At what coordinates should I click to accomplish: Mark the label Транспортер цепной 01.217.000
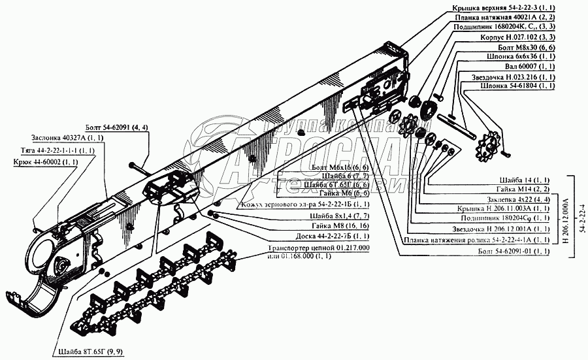(319, 248)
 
